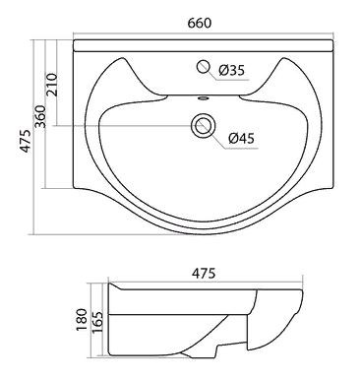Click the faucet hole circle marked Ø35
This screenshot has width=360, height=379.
(x=204, y=68)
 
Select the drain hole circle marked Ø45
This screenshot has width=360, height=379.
(x=204, y=126)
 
